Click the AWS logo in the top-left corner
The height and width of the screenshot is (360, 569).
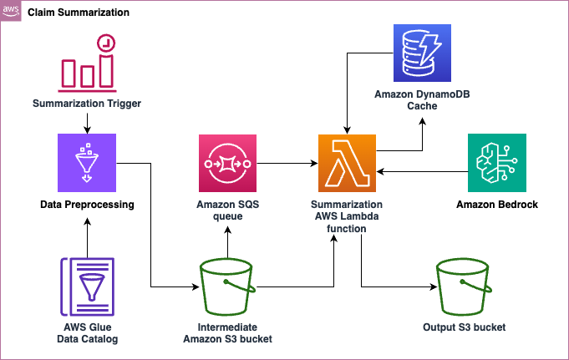pos(12,12)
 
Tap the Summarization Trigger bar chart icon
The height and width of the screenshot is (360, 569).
pos(87,62)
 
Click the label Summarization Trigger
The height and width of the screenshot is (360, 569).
pos(87,104)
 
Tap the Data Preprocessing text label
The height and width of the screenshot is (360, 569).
pos(87,205)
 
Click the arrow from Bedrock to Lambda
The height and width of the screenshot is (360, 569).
pos(422,171)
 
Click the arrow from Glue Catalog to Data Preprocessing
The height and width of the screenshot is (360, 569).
pos(87,236)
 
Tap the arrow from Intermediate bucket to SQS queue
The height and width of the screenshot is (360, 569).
pos(227,242)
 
